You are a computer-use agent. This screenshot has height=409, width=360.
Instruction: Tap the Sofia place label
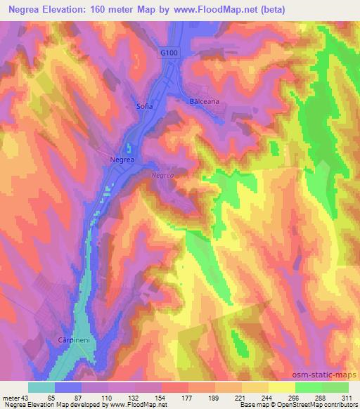143,107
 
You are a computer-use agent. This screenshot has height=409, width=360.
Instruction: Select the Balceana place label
205,101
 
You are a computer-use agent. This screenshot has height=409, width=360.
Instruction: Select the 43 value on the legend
25,397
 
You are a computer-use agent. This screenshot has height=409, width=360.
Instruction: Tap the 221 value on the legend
240,397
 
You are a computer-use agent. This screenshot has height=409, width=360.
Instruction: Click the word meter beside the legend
11,397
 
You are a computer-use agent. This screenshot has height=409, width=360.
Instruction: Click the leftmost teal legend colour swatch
41,387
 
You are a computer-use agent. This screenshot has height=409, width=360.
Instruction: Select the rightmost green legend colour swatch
335,387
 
